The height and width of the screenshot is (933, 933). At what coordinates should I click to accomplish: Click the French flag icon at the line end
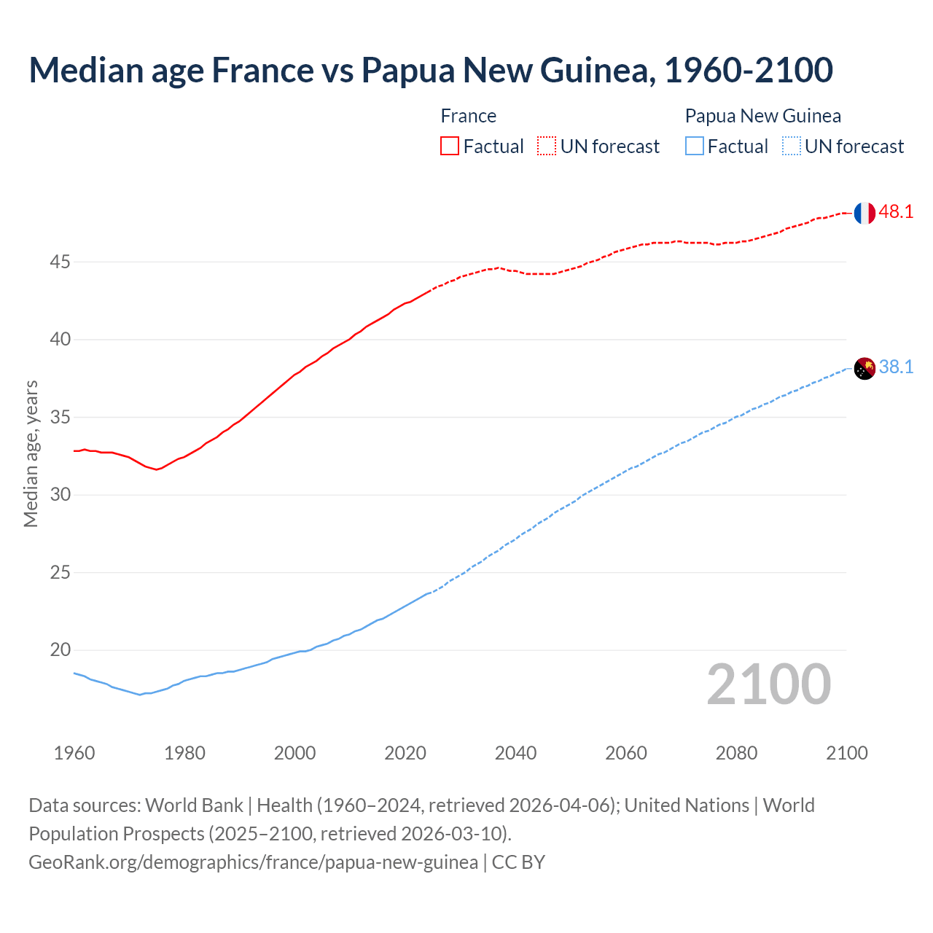864,213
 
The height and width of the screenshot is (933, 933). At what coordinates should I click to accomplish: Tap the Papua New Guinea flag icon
864,369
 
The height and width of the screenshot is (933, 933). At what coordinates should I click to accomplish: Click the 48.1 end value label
896,212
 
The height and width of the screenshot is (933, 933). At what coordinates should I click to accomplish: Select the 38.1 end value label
896,367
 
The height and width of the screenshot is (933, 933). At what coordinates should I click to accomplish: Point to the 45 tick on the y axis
60,262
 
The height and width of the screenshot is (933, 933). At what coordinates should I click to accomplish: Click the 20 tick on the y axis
60,650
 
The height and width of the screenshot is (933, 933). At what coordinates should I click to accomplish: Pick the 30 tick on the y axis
60,495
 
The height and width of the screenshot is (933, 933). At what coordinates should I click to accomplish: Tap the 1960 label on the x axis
74,753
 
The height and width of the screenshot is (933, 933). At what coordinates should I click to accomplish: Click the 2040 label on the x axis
515,753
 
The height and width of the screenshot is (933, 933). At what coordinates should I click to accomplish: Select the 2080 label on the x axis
736,753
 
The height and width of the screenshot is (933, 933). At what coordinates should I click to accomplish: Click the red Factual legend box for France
450,147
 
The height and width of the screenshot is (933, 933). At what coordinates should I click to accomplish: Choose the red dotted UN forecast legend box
547,147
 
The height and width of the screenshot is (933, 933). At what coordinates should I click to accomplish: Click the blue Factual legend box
695,147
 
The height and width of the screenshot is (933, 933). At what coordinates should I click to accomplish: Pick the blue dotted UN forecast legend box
792,147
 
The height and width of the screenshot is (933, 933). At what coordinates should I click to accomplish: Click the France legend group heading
469,116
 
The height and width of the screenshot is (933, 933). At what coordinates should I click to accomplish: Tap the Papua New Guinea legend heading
762,116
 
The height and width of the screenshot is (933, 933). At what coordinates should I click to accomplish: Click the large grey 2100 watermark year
768,684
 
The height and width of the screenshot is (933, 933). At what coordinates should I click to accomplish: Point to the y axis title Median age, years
31,453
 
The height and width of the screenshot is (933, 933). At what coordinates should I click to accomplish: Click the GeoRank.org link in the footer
253,862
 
